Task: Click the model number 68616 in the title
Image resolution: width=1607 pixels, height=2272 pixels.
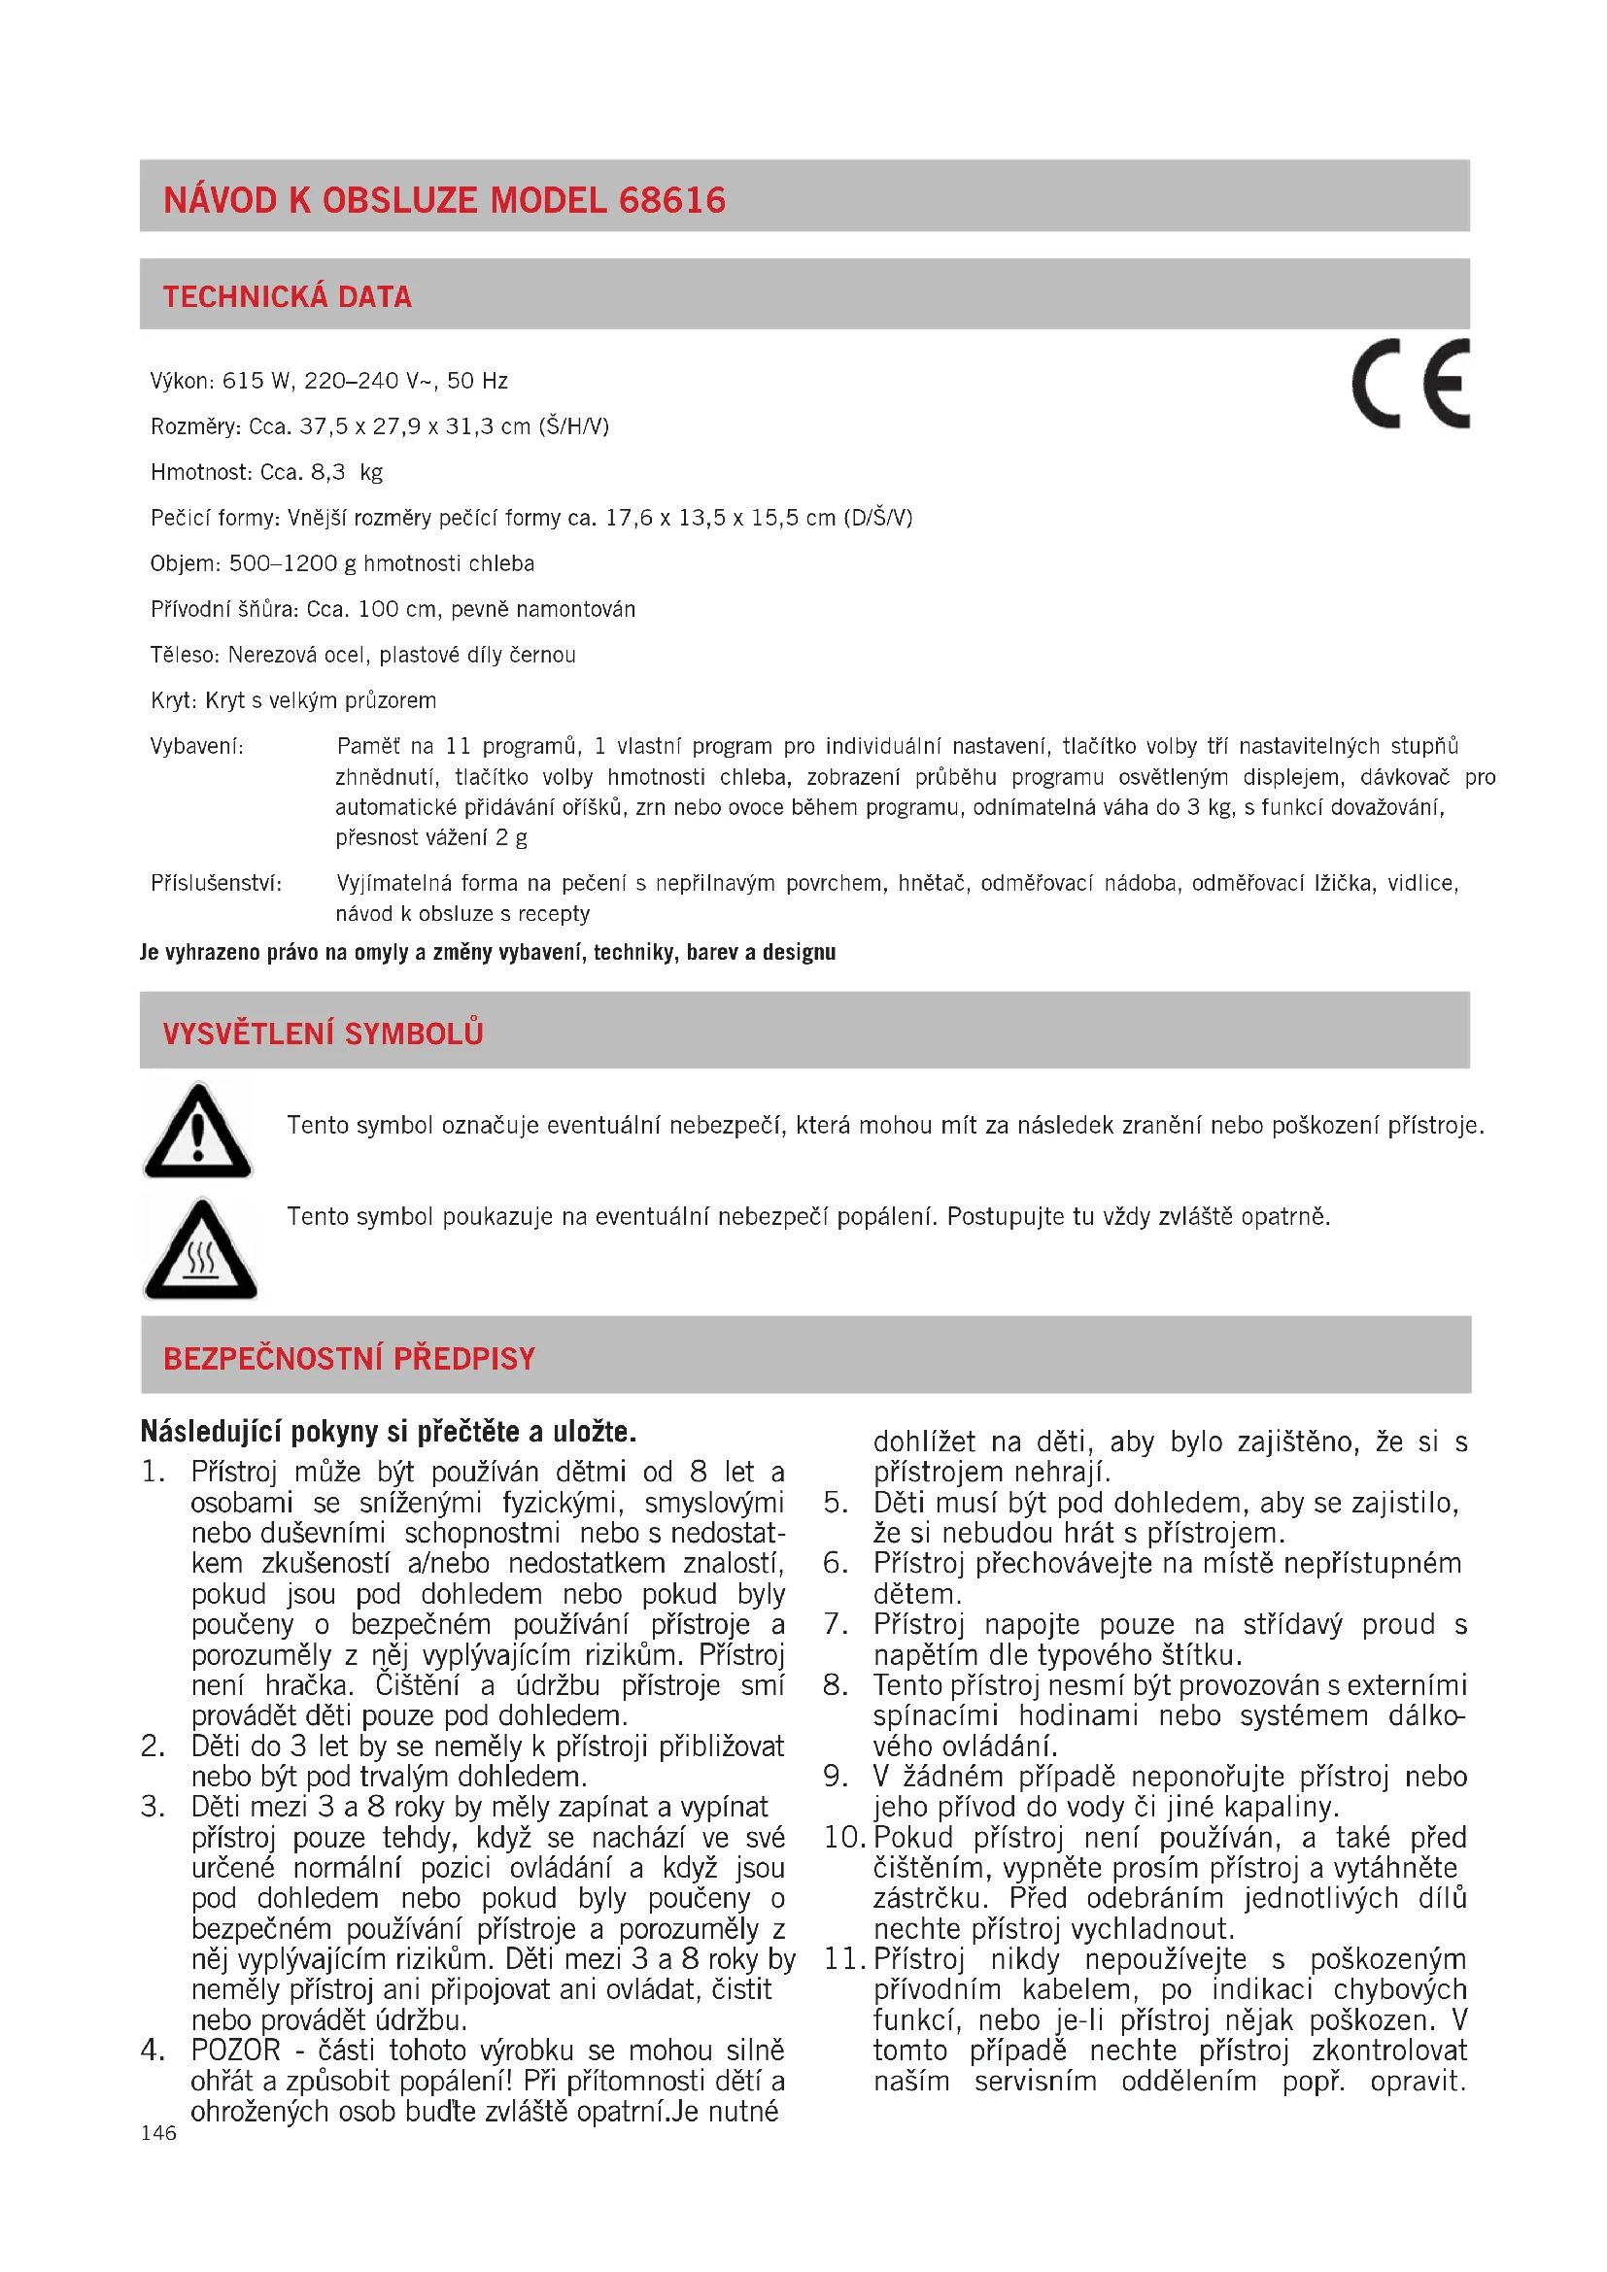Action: pos(672,200)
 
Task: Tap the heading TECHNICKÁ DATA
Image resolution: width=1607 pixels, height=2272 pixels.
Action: pos(287,297)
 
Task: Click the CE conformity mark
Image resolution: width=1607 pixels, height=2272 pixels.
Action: pos(1410,384)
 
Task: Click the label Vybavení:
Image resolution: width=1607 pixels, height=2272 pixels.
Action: pos(197,746)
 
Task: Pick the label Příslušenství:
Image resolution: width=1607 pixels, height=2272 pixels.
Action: pos(216,883)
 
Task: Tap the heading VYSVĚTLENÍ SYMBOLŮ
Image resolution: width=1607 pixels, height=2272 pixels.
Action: pos(323,1034)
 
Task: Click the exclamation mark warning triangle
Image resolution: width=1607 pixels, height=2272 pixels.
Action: pos(198,1131)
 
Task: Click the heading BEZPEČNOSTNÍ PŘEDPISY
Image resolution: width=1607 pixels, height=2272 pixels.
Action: pos(349,1359)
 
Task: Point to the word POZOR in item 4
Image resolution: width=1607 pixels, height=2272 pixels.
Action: pos(235,2050)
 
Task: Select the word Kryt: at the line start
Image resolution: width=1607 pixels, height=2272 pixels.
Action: pos(174,700)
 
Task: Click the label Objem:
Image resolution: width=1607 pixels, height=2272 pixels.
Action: pos(185,564)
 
